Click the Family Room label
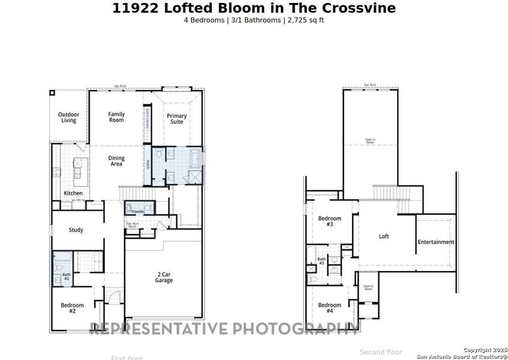coord(116,117)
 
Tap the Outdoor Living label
coord(68,118)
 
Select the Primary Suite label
coord(177,119)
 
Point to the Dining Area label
coord(116,161)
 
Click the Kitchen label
coord(73,193)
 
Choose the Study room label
coord(76,230)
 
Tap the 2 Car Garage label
coord(164,277)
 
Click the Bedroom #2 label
coord(72,308)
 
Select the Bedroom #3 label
coord(329,221)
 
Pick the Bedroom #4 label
coord(329,307)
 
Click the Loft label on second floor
coord(384,236)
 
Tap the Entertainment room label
coord(436,242)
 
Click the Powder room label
coord(138,212)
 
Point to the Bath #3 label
coord(321,261)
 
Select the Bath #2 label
coord(67,277)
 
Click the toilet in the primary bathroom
coord(159,155)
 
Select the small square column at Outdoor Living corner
coord(52,92)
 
